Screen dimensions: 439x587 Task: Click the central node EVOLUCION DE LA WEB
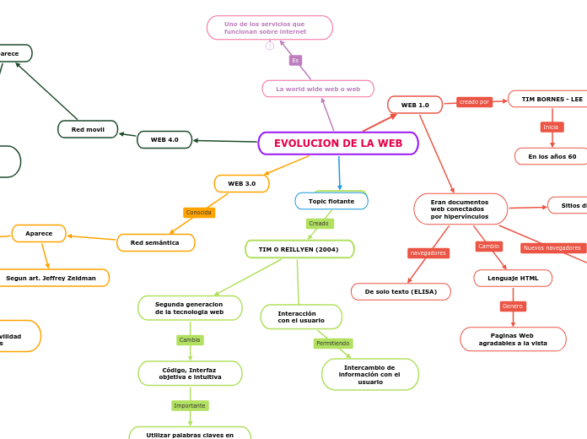(x=338, y=144)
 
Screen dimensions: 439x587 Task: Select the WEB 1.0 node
(x=415, y=105)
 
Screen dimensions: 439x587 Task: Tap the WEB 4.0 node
(x=164, y=139)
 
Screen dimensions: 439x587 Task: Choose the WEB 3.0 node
(x=241, y=183)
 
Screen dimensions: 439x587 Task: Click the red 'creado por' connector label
(x=474, y=102)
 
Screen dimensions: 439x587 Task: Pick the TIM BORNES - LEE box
(x=552, y=99)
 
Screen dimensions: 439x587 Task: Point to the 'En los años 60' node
(x=552, y=156)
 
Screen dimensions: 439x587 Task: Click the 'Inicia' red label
(x=551, y=127)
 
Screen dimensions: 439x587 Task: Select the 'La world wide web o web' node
(x=318, y=89)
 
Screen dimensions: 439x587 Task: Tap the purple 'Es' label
(x=295, y=61)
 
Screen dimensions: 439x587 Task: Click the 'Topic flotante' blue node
(x=331, y=201)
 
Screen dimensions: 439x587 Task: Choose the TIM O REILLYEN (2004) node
(x=299, y=249)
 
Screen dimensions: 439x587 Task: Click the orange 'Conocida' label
(x=199, y=213)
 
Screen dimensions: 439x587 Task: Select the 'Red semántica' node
(x=155, y=242)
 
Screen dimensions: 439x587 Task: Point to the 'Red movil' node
(x=88, y=129)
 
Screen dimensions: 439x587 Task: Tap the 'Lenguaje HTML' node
(x=513, y=278)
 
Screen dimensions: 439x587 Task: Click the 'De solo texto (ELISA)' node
(x=401, y=291)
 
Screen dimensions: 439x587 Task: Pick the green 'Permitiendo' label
(x=333, y=344)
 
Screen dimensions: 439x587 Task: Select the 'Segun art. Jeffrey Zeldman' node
(x=51, y=278)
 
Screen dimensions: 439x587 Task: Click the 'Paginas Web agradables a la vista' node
(x=513, y=339)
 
